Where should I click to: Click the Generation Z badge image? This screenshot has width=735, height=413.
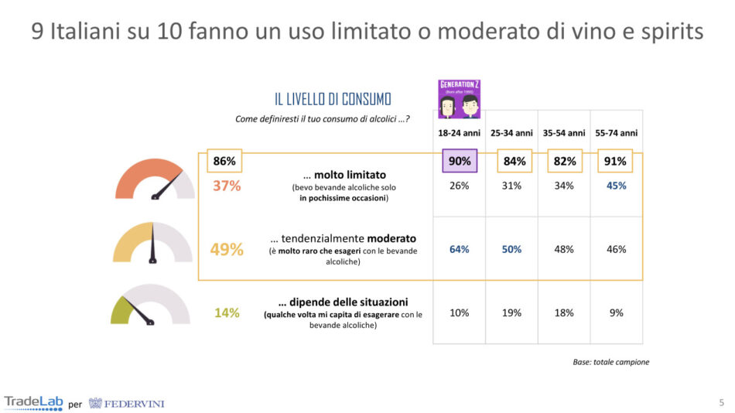460,98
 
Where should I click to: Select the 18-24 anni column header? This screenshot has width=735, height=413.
459,133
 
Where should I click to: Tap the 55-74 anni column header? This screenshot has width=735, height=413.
617,133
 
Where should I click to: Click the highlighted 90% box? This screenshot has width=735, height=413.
459,161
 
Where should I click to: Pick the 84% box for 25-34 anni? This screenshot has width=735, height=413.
514,161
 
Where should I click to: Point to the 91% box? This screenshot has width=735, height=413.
616,161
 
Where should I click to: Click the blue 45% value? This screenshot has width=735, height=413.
617,186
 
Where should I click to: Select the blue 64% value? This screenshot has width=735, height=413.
459,249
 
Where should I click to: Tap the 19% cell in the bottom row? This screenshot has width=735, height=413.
511,312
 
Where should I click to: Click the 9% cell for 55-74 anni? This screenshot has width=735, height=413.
617,312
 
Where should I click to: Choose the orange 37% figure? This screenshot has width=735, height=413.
226,186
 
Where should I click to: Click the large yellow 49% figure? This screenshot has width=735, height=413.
227,250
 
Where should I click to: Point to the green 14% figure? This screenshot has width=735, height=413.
227,313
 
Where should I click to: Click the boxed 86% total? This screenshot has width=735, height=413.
224,161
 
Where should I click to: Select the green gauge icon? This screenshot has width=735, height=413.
150,307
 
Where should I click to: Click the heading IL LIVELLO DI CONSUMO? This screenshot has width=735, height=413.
333,99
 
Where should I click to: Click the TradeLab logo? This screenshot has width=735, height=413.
33,402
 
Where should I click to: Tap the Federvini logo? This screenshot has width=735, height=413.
126,403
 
